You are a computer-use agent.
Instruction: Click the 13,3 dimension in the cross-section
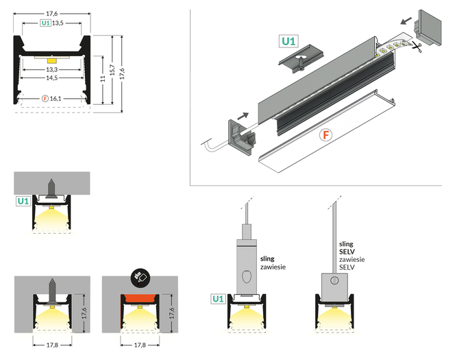tap(51, 70)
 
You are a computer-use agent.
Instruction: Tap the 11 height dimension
tap(101, 80)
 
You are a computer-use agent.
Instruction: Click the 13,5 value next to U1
tap(58, 23)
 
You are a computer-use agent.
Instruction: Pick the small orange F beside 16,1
tap(45, 99)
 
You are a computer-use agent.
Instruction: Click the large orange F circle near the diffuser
tap(326, 134)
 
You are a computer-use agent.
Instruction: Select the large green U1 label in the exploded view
tap(289, 41)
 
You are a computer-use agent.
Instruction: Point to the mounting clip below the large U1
tap(299, 61)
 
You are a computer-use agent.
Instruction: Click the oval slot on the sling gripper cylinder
tap(245, 278)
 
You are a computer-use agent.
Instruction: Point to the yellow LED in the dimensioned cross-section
tap(52, 61)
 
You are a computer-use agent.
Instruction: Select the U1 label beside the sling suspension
tap(219, 299)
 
